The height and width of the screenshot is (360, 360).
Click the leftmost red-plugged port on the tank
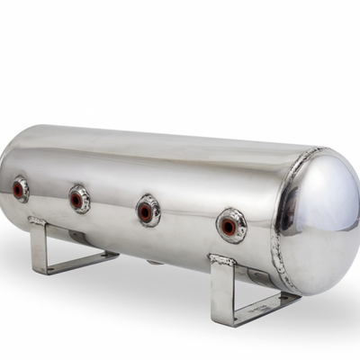[x=20, y=189]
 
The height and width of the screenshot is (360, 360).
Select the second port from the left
[x=79, y=199]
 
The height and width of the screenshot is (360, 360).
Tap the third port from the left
[x=148, y=211]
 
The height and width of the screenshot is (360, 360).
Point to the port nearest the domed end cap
[x=231, y=225]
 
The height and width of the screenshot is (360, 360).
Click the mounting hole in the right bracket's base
[x=270, y=304]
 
